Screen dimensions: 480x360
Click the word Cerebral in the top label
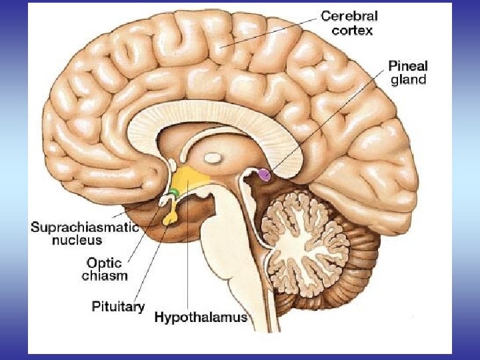[350, 15]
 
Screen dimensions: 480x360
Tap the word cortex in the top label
[352, 31]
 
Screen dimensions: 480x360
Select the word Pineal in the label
[407, 67]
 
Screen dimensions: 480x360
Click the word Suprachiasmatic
[85, 227]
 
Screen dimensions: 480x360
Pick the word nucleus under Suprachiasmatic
[77, 240]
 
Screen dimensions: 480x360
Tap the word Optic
[105, 263]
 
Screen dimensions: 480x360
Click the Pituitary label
[118, 307]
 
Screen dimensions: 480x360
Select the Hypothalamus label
[201, 317]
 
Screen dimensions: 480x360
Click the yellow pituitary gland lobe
[171, 215]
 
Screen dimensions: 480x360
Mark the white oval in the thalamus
[213, 159]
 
